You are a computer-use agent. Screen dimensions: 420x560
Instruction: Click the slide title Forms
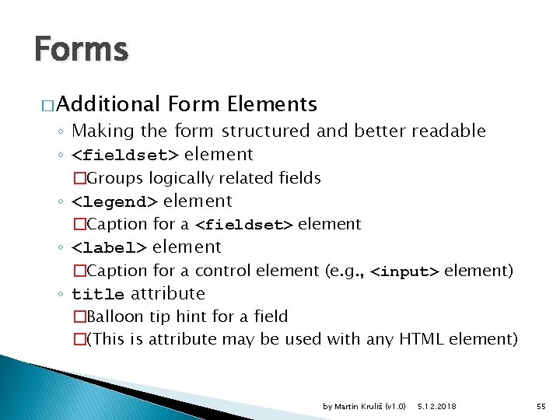[81, 50]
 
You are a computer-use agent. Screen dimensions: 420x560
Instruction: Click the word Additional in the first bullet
[108, 104]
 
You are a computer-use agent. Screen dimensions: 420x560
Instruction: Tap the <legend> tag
[114, 202]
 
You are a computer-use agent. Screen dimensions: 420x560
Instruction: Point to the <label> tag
[109, 248]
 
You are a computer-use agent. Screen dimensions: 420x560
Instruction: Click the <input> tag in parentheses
[404, 271]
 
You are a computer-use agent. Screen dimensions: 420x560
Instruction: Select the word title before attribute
[98, 295]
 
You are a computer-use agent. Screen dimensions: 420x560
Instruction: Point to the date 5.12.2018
[437, 406]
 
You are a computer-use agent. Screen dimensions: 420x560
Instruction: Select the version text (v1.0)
[396, 406]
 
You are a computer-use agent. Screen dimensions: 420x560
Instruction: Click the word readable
[448, 131]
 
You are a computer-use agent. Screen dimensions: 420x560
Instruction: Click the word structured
[262, 131]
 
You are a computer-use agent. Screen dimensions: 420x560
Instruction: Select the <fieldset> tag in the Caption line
[243, 226]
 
